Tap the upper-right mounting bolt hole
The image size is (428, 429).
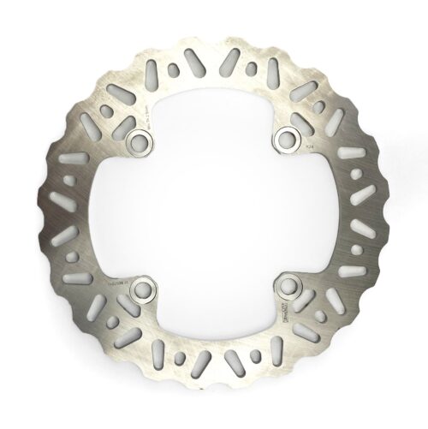click(288, 138)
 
